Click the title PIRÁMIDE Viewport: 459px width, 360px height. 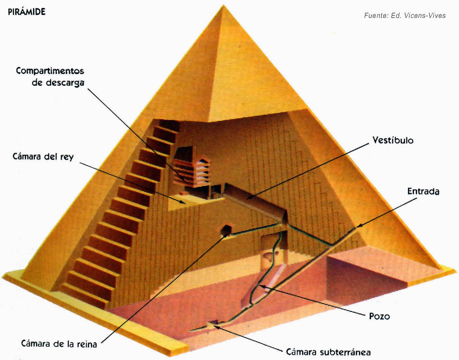(x=26, y=11)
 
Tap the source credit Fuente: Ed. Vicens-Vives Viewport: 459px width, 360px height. (x=405, y=15)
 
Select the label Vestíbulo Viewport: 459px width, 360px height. (x=393, y=140)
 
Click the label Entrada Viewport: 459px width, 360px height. (x=423, y=191)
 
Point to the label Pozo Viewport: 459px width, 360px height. (x=379, y=316)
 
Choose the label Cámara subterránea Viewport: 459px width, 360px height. (x=328, y=352)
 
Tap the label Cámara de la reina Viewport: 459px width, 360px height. (x=59, y=344)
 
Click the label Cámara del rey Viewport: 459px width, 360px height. (x=43, y=157)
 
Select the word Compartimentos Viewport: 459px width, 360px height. (x=50, y=71)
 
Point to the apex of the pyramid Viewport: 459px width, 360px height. (x=223, y=5)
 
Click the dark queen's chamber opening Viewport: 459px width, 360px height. (x=226, y=230)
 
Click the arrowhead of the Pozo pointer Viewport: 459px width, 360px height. (x=261, y=286)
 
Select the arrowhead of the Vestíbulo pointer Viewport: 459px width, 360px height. (x=248, y=198)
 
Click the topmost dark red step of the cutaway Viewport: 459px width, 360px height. (x=169, y=125)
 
